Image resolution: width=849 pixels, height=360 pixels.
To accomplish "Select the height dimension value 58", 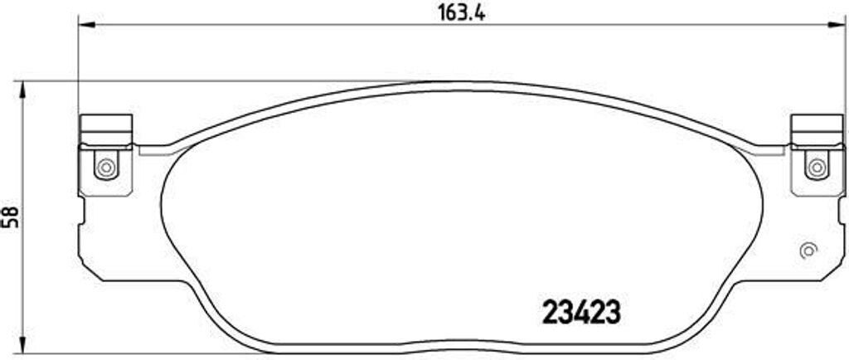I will (11, 217).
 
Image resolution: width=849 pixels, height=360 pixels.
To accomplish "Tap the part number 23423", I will (580, 314).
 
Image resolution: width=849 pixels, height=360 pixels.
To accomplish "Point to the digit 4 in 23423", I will (580, 314).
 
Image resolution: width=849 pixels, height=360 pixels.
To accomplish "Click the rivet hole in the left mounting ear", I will (105, 167).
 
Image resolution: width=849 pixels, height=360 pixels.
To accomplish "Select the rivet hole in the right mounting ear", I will (817, 167).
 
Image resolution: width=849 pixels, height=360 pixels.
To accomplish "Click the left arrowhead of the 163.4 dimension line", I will (84, 25).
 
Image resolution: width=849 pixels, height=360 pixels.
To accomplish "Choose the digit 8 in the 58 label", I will (11, 212).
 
